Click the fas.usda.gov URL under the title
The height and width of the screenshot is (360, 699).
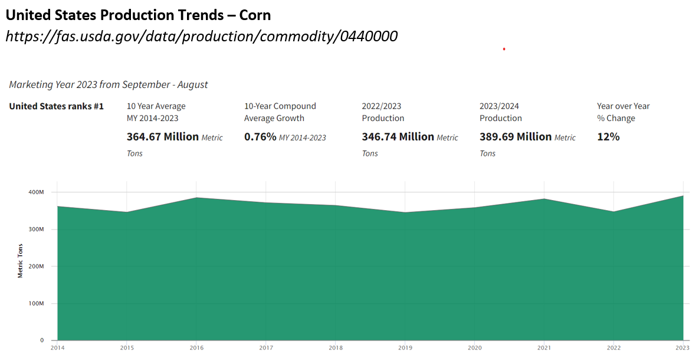click(201, 37)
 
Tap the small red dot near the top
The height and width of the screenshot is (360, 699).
click(504, 49)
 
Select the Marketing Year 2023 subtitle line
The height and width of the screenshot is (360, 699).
click(109, 84)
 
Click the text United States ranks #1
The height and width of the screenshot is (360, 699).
click(57, 106)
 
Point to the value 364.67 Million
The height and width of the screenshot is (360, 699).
click(163, 137)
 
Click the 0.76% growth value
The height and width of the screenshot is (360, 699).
click(260, 137)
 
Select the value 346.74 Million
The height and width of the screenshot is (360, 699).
click(398, 137)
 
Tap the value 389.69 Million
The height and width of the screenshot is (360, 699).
click(516, 137)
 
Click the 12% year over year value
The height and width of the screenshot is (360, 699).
click(608, 137)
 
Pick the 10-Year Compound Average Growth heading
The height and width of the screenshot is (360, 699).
click(280, 112)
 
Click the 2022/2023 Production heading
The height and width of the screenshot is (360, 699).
click(383, 112)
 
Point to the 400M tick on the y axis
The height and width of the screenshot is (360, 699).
click(36, 192)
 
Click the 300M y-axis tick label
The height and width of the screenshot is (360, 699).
click(36, 230)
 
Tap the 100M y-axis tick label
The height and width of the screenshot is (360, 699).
click(36, 304)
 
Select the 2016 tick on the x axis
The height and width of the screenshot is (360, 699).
click(196, 348)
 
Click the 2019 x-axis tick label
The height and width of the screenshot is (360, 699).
click(405, 348)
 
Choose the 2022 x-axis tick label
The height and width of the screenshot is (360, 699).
click(613, 348)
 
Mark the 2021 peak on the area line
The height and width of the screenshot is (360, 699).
click(544, 199)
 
